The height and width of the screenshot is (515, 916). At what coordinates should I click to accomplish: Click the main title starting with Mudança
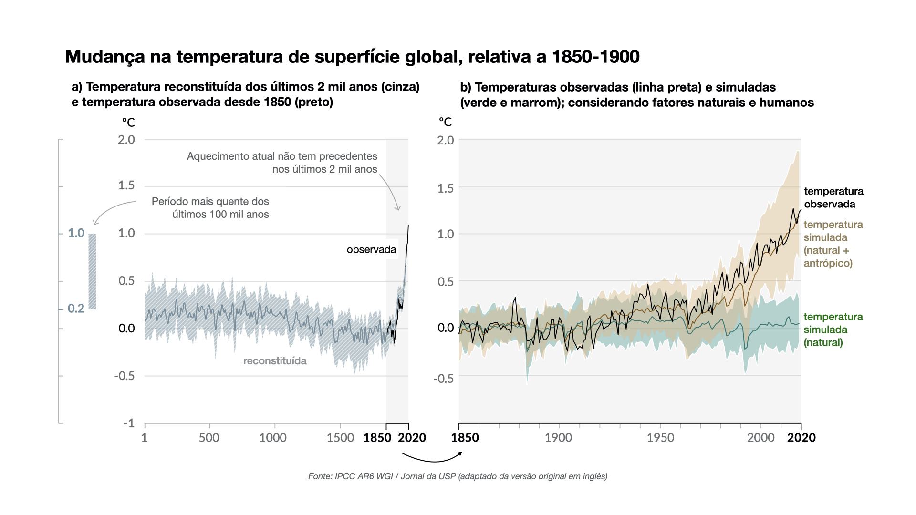[x=352, y=57]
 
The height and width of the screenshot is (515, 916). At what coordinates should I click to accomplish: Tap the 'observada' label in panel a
[x=371, y=249]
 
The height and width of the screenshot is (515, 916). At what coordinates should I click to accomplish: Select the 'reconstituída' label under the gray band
[x=275, y=361]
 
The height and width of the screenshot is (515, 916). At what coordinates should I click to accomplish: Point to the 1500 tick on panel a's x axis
[x=340, y=438]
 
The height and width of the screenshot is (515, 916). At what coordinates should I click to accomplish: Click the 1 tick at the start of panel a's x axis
[x=145, y=438]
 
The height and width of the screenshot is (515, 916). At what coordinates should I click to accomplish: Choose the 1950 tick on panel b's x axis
[x=660, y=438]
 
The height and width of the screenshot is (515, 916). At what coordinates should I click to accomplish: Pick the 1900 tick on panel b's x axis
[x=558, y=438]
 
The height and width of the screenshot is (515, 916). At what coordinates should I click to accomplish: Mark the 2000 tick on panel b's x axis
[x=761, y=438]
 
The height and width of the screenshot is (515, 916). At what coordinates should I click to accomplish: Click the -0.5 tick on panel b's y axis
[x=443, y=379]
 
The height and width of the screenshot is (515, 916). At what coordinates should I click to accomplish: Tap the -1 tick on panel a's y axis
[x=129, y=423]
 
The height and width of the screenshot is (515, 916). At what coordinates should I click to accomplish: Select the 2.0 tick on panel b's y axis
[x=446, y=140]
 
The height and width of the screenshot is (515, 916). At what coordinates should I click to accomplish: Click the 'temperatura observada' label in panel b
[x=833, y=198]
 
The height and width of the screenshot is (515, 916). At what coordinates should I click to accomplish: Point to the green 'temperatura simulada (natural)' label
[x=833, y=330]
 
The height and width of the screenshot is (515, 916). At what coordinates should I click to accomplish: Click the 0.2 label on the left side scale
[x=76, y=309]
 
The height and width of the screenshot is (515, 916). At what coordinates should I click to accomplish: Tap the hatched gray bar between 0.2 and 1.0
[x=92, y=271]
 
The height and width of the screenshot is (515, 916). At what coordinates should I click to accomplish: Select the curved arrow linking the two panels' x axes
[x=432, y=458]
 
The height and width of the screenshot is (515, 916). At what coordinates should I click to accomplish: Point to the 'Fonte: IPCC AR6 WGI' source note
[x=458, y=476]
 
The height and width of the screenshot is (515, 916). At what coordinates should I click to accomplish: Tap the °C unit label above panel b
[x=445, y=122]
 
